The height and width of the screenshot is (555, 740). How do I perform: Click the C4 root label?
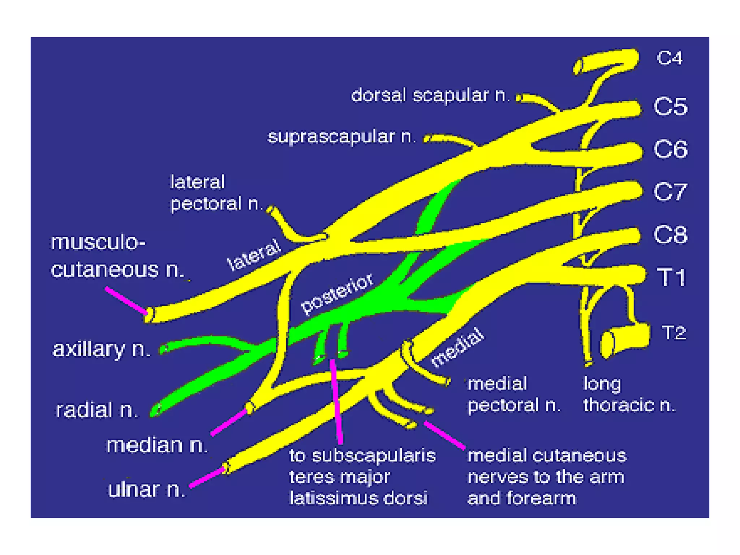coord(670,58)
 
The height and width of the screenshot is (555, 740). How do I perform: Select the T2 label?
coord(674,333)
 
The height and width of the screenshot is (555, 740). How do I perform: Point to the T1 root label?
coord(671,277)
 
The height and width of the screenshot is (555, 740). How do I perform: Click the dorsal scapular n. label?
coord(430,95)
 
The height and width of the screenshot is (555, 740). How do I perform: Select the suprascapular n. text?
coord(341,137)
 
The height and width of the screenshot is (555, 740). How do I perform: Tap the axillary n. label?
coord(102,349)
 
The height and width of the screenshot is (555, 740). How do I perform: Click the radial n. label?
coord(97,410)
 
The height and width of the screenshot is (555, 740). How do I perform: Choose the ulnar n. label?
coord(147,490)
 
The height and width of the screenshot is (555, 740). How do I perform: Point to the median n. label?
coord(157,445)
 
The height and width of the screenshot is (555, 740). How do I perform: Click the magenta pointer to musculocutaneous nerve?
coord(126,300)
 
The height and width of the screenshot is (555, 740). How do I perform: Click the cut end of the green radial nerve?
coord(156,410)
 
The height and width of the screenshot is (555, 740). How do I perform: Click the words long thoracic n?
coord(629,395)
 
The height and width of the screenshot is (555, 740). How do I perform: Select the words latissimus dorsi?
coord(358,498)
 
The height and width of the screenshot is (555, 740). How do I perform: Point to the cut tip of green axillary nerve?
coord(164,349)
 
